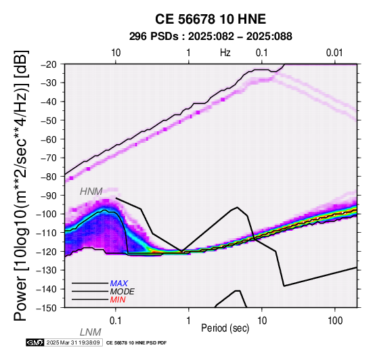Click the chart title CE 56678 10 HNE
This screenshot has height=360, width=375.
[x=211, y=19]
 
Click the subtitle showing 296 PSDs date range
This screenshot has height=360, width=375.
[x=211, y=37]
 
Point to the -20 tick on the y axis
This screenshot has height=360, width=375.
[x=49, y=64]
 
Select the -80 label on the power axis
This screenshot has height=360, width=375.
[x=49, y=177]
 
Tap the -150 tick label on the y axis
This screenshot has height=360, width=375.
[x=47, y=308]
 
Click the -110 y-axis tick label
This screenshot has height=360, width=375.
[x=47, y=233]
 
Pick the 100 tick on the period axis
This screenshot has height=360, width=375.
[x=335, y=321]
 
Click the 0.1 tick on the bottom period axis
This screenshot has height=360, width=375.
[x=116, y=321]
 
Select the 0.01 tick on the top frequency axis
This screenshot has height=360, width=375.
[x=334, y=53]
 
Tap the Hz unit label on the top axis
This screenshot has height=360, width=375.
[x=225, y=53]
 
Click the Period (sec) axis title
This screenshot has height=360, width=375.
[x=225, y=328]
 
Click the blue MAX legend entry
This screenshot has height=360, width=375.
[x=119, y=284]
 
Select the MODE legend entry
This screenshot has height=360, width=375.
[x=123, y=292]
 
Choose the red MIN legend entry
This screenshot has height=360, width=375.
[x=118, y=300]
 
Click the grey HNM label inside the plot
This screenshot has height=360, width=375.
[x=91, y=192]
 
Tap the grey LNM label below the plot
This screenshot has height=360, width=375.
[x=91, y=332]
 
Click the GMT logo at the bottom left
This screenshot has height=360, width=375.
[x=35, y=342]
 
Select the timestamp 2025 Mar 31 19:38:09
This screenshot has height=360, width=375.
[x=73, y=342]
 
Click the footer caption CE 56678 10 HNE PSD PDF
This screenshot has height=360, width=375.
[x=136, y=343]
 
